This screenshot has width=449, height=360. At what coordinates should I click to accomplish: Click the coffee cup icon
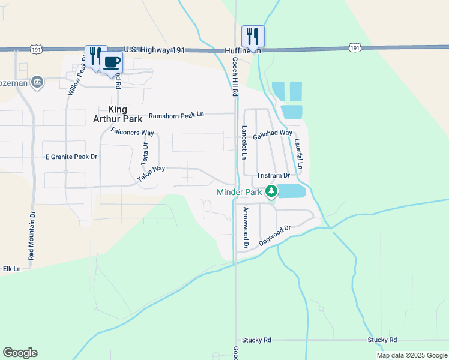coord(112,62)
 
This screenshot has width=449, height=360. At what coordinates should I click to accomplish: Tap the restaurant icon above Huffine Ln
coord(253,36)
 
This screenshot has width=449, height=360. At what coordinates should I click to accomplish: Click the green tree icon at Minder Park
coord(271,191)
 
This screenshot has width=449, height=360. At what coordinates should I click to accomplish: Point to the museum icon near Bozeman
coord(37,82)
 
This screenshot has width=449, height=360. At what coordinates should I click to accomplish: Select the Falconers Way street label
coord(133,131)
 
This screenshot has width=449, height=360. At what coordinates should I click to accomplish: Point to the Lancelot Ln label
coord(244,142)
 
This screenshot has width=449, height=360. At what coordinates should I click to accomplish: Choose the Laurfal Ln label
coord(298,154)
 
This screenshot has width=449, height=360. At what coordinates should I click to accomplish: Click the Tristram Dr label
coord(273,175)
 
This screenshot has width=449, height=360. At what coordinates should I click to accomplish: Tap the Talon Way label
coord(151,173)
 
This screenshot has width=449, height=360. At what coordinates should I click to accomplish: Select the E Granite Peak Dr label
coord(71,157)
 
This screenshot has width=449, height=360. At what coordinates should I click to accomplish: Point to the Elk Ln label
coord(12,268)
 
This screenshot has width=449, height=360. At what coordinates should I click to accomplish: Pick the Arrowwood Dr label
coord(246,228)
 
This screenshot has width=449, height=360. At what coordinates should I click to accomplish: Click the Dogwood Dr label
coord(275,236)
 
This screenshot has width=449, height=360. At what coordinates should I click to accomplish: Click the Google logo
coord(20,353)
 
